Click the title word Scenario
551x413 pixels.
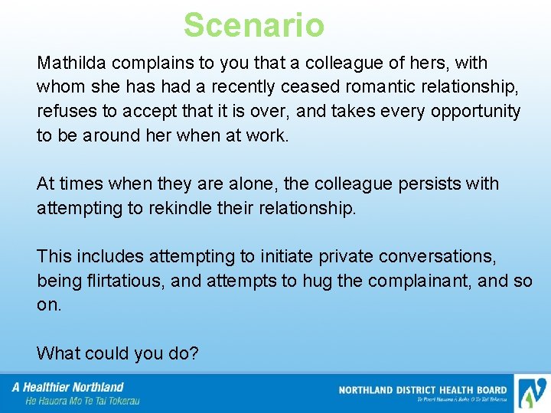[x=254, y=25]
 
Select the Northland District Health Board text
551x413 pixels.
[x=422, y=390]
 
